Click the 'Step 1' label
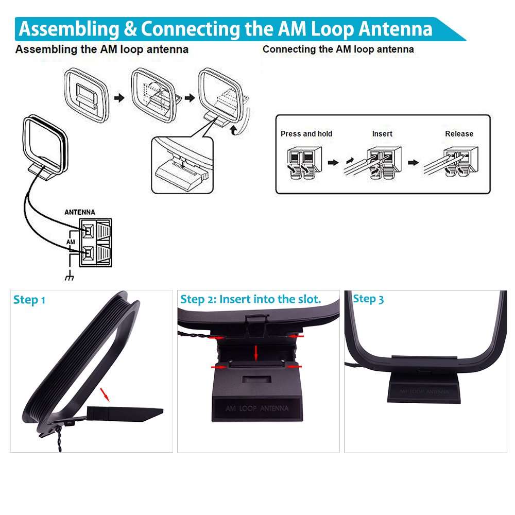click(29, 300)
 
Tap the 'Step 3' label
click(368, 299)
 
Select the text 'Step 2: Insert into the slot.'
click(250, 299)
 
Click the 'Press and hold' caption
click(306, 134)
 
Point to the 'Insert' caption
click(382, 134)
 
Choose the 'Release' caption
click(459, 134)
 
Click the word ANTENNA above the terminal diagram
click(79, 212)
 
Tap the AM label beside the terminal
click(71, 241)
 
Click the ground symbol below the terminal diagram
click(68, 278)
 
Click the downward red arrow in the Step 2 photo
click(256, 353)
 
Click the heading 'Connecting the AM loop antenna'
click(338, 49)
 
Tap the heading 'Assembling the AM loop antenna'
click(101, 50)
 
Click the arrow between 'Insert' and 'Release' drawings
click(413, 162)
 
